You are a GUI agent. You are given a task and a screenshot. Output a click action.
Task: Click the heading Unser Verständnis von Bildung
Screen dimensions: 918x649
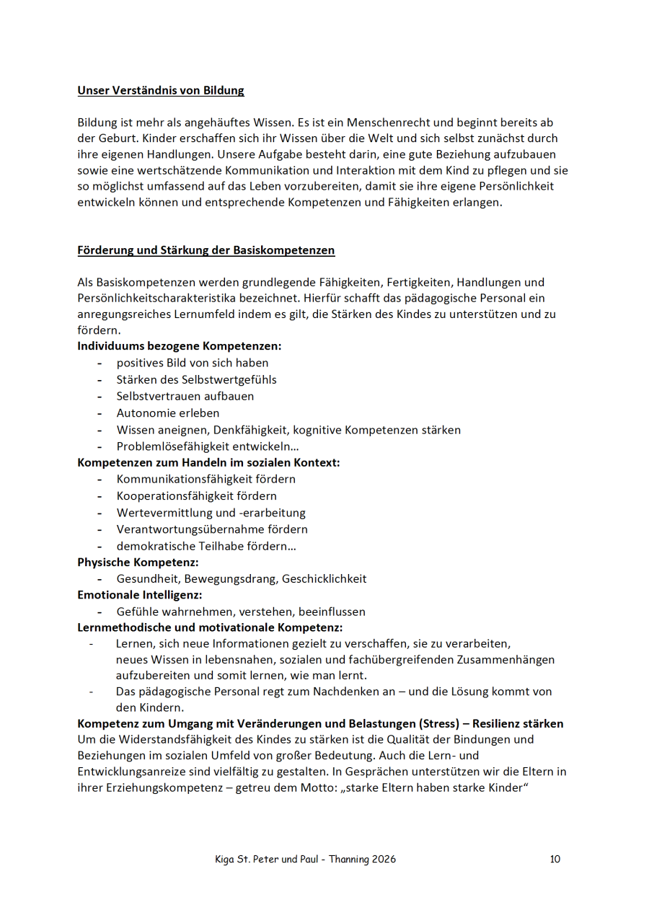click(x=161, y=91)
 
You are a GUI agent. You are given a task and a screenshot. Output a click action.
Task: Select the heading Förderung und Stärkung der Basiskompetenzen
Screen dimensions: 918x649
click(x=206, y=250)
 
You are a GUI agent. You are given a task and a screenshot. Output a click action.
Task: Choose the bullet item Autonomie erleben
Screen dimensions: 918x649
click(x=168, y=413)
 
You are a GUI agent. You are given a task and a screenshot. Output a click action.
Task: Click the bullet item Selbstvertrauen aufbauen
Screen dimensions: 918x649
click(x=185, y=397)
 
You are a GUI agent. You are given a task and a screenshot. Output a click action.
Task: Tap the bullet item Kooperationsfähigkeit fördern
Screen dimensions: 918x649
click(x=197, y=496)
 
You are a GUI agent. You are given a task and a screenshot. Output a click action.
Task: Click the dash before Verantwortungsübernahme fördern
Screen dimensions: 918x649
click(x=100, y=530)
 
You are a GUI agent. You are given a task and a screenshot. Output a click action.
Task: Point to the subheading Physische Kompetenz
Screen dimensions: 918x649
click(x=138, y=562)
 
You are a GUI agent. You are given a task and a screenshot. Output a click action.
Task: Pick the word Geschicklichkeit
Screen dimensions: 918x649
click(x=324, y=578)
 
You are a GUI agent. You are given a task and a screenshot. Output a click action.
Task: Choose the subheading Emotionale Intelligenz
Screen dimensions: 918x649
click(x=140, y=595)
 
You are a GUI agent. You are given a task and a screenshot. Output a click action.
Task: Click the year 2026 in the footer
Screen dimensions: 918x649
click(x=382, y=859)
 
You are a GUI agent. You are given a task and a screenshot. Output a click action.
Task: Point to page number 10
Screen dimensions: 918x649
click(x=555, y=859)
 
